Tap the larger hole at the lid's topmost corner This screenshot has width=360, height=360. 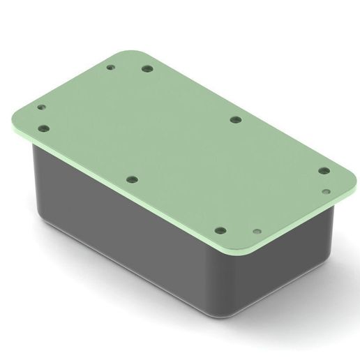tap(147, 69)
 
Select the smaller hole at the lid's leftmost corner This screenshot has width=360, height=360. tap(41, 108)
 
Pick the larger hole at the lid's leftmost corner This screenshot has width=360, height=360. tap(45, 129)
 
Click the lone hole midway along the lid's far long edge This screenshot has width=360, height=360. tap(235, 119)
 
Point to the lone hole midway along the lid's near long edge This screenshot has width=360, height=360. tap(131, 179)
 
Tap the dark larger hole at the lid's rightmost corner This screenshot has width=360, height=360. tap(323, 170)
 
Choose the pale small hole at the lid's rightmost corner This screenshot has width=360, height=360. tap(326, 189)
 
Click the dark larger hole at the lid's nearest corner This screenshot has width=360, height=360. tap(220, 230)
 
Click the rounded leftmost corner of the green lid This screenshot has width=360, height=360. tap(17, 115)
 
